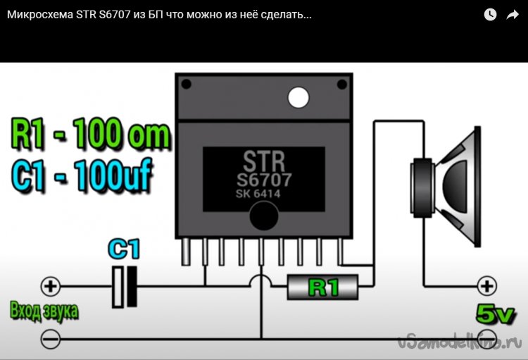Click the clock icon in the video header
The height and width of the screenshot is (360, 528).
[x=490, y=14]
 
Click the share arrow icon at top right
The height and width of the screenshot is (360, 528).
[x=513, y=14]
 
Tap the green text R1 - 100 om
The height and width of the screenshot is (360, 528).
[x=91, y=135]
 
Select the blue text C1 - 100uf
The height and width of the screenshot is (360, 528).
[x=82, y=177]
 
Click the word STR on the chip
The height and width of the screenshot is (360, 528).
[x=263, y=159]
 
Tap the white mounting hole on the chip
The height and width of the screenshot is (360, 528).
[x=298, y=97]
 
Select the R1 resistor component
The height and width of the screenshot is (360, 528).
[x=323, y=287]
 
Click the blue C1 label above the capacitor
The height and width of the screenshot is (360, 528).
[x=124, y=249]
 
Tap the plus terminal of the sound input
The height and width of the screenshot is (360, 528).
[x=51, y=287]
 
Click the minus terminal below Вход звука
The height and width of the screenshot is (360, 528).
[x=51, y=339]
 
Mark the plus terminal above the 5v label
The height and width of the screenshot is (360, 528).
[x=486, y=286]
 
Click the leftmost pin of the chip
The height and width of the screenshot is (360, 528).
[x=185, y=252]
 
